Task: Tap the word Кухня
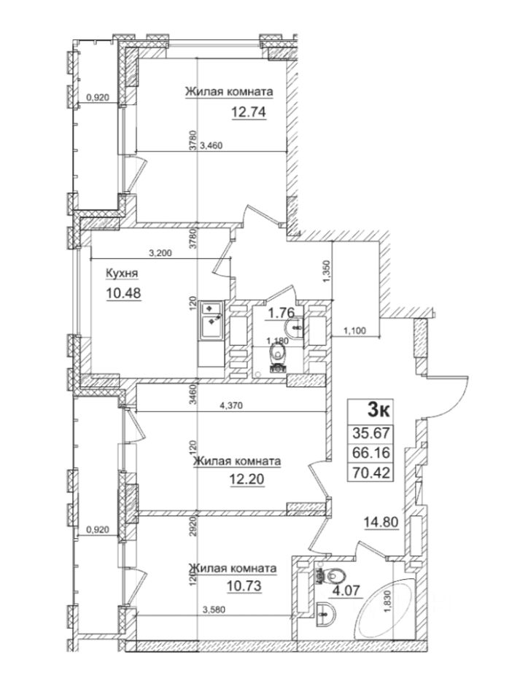click(122, 273)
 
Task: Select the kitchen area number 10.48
click(123, 293)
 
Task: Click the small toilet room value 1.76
click(279, 314)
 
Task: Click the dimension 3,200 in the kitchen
click(160, 254)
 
